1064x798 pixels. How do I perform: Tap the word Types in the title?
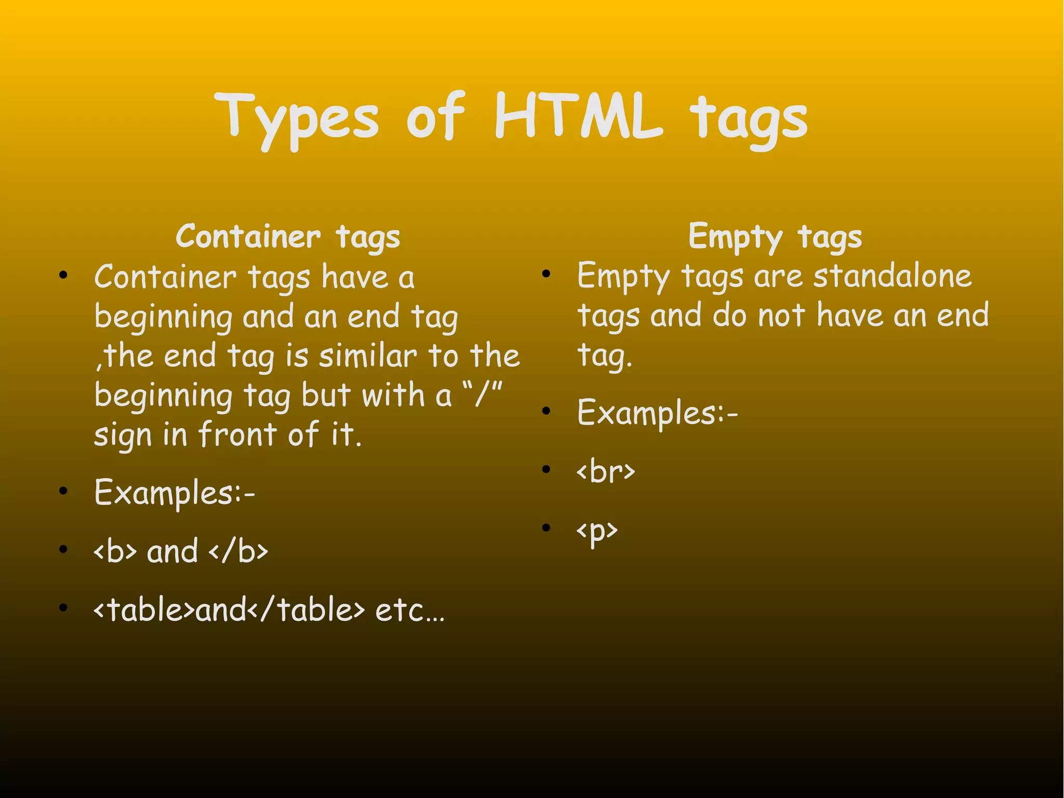coord(297,119)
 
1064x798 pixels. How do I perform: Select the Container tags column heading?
coord(288,237)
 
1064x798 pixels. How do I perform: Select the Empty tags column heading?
coord(775,237)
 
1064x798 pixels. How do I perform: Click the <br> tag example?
coord(606,472)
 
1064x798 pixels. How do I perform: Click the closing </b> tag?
coord(238,551)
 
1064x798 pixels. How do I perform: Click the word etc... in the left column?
coord(410,610)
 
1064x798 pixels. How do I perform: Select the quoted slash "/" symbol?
coord(482,395)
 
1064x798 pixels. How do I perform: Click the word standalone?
coord(892,276)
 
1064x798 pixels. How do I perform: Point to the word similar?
coord(367,357)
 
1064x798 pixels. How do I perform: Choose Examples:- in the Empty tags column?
coord(657,413)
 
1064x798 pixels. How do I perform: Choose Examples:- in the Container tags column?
coord(175,493)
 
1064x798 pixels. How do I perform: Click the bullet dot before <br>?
coord(546,469)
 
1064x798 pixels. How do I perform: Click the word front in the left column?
coord(237,434)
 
